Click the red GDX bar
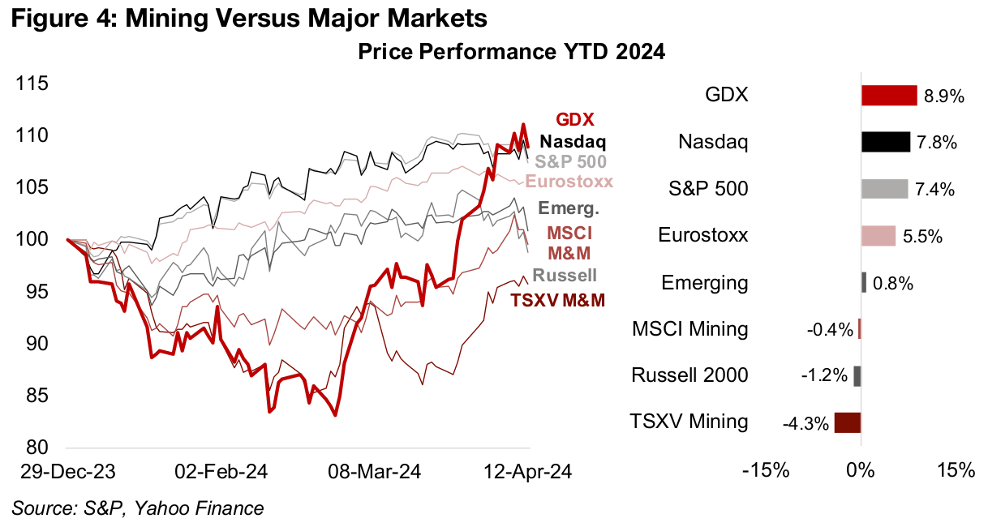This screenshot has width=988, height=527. [889, 96]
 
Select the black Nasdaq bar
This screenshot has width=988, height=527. [886, 143]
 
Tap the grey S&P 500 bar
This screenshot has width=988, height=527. [884, 189]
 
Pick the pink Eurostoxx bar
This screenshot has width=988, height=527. [878, 236]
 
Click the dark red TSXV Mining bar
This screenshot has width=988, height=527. [848, 422]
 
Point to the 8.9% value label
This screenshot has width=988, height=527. [943, 96]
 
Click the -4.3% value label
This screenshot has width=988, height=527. [806, 423]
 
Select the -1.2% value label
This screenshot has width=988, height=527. [827, 376]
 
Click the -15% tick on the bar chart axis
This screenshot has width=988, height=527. [767, 472]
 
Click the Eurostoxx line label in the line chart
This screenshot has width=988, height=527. [569, 182]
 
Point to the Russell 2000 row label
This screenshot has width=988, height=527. [689, 375]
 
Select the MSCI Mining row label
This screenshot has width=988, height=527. [689, 329]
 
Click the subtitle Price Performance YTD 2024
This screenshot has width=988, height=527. [511, 54]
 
